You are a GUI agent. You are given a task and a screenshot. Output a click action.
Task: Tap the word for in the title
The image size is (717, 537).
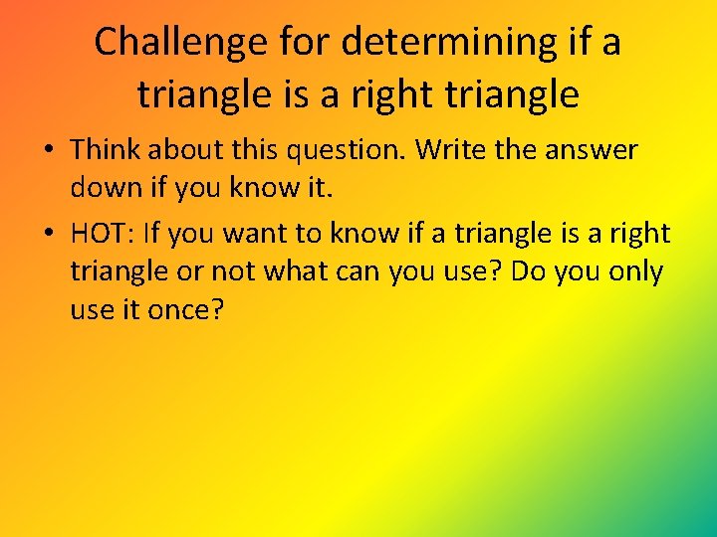pyautogui.click(x=306, y=42)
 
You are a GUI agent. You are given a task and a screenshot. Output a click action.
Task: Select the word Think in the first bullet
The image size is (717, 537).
pyautogui.click(x=107, y=149)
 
